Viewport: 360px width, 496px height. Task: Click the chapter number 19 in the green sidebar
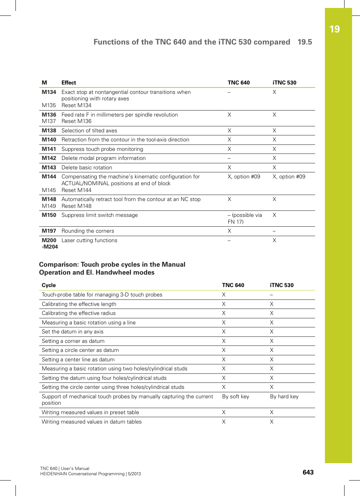tap(334, 29)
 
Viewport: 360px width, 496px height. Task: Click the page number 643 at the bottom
tap(308, 472)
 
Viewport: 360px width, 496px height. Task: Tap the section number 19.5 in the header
tap(305, 42)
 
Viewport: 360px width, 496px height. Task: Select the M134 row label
tap(49, 92)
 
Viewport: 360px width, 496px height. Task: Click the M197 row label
tap(49, 231)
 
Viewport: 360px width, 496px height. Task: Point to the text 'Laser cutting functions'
tap(89, 240)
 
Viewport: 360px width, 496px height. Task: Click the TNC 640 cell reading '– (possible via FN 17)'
tap(244, 218)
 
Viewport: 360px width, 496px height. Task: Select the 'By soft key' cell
tap(235, 396)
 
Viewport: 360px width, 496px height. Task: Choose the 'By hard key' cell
tap(284, 396)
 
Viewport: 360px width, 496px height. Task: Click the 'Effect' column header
tap(69, 83)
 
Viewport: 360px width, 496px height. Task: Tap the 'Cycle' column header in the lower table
tap(49, 285)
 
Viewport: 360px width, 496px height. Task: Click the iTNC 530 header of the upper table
tap(284, 83)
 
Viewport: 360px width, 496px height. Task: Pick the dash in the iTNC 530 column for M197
tap(274, 231)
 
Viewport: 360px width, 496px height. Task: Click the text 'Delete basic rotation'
tap(87, 167)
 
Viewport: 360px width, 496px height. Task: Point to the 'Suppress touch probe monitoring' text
tap(102, 149)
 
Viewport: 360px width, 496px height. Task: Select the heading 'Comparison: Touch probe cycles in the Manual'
tap(112, 264)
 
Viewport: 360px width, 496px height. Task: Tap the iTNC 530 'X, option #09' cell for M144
tap(289, 177)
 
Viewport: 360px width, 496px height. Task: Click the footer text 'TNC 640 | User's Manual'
tap(65, 468)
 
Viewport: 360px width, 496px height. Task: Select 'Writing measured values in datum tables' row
tap(92, 422)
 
